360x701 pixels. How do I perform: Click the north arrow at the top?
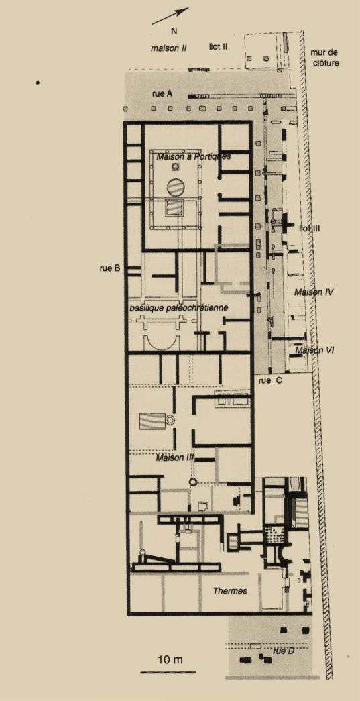[170, 15]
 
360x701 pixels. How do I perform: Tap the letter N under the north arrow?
[175, 31]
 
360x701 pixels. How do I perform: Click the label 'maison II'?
[168, 48]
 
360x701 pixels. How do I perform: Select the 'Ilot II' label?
[219, 46]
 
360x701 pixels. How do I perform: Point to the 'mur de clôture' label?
[324, 58]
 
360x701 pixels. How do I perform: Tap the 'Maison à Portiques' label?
[193, 157]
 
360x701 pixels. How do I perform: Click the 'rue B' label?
[110, 269]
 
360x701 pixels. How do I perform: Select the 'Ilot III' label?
[310, 229]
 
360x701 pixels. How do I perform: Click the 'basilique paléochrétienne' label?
[179, 308]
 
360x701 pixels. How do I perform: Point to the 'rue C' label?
[271, 380]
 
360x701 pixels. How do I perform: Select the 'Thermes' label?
[230, 591]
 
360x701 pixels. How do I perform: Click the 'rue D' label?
[284, 651]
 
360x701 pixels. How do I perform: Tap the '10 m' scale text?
[170, 659]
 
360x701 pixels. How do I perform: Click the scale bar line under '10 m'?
[168, 672]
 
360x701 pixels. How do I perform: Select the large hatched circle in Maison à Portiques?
[175, 187]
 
